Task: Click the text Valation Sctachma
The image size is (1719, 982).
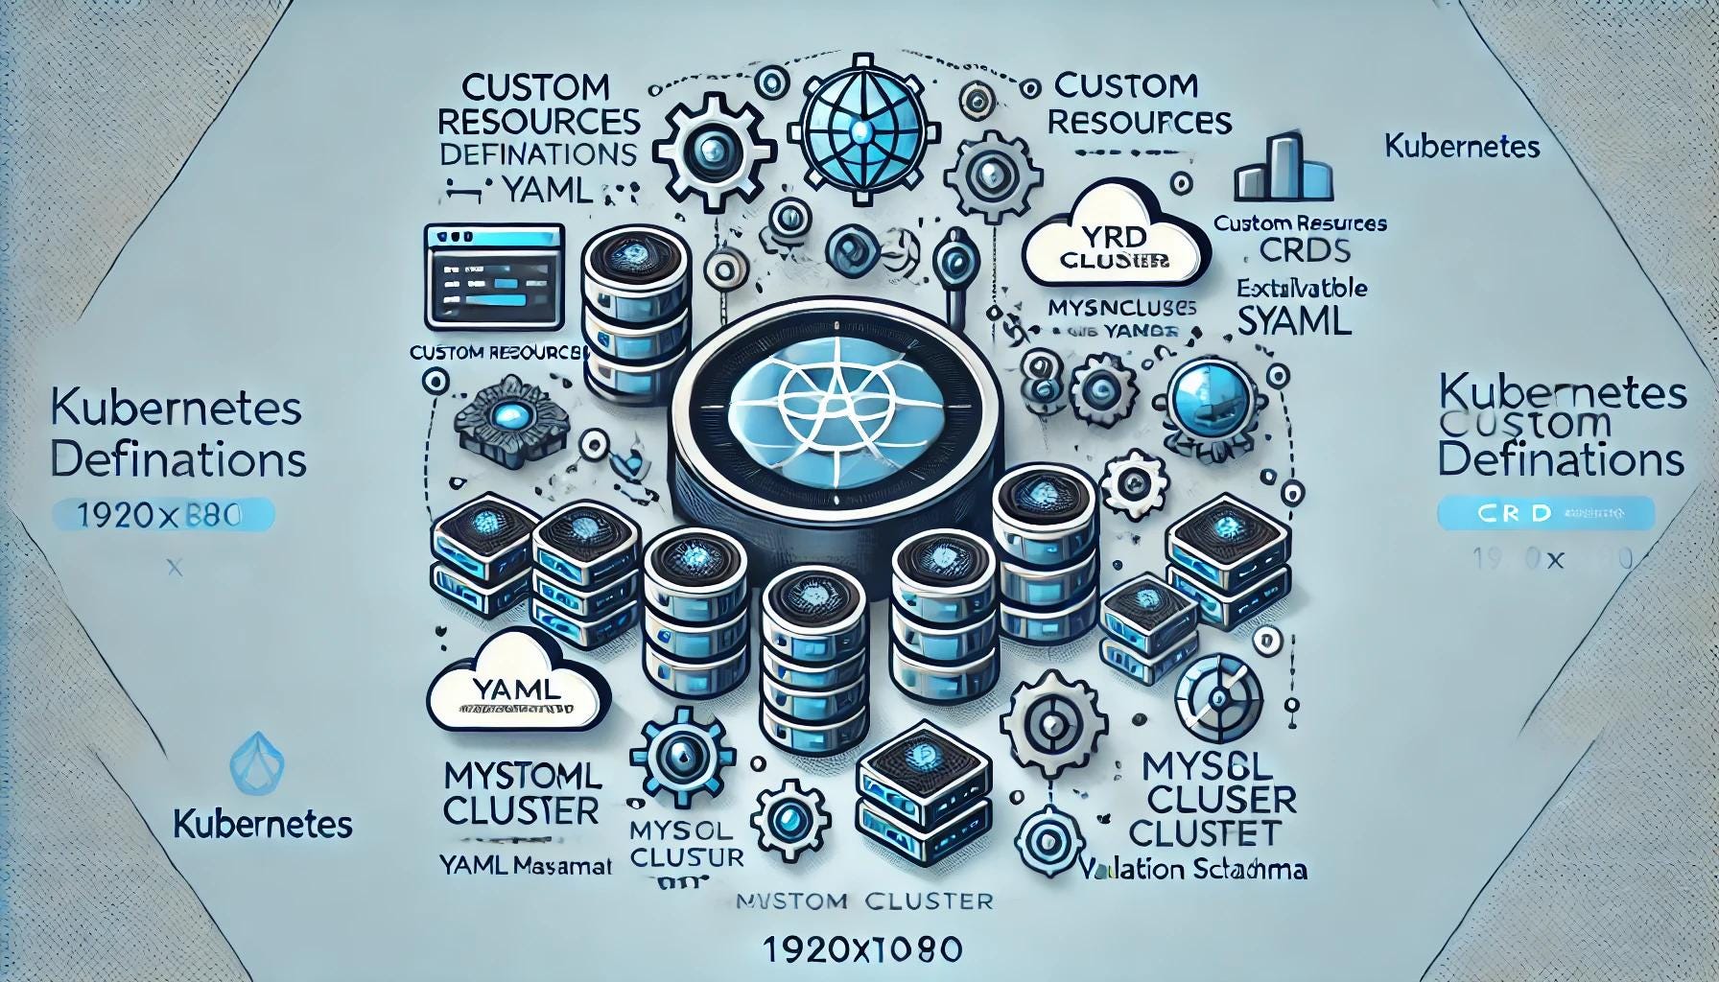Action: point(1192,870)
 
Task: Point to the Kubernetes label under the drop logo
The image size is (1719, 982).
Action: point(263,824)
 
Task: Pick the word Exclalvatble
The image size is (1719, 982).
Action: point(1302,288)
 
